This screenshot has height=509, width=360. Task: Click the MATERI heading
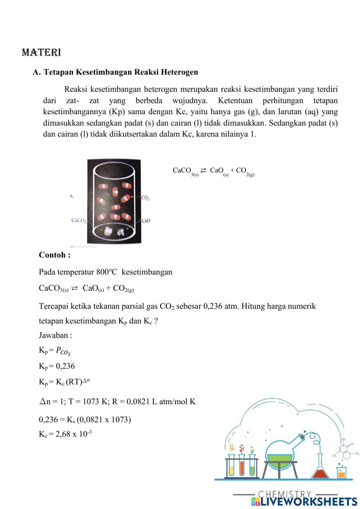[x=41, y=53]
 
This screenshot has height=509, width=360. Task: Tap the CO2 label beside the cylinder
[x=145, y=198]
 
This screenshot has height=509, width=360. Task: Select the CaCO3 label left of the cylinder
[x=78, y=220]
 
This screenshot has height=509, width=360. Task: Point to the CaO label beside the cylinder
[x=146, y=221]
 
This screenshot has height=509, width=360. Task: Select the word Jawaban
[x=55, y=335]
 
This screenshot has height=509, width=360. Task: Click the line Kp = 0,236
[x=57, y=366]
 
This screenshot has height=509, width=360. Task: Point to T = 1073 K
[x=88, y=401]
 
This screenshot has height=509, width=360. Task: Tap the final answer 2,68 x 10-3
[x=74, y=434]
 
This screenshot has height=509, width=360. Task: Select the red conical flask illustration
[x=320, y=470]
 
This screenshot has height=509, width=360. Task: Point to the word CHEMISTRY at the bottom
[x=284, y=494]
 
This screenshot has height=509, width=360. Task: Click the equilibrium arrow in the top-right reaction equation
[x=203, y=170]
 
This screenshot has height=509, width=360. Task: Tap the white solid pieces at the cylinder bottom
[x=114, y=232]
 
